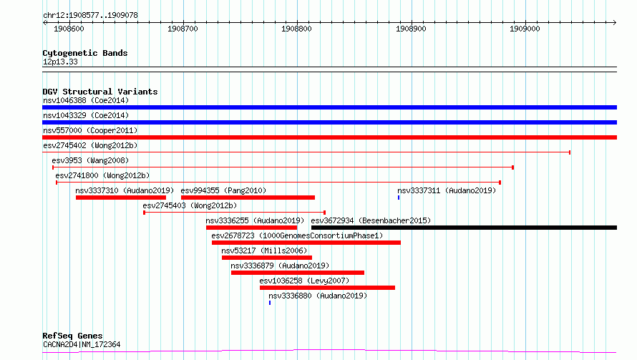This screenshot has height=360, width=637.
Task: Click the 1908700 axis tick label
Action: click(183, 29)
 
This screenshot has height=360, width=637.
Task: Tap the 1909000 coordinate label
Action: click(525, 29)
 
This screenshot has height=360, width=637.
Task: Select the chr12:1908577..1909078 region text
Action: click(90, 16)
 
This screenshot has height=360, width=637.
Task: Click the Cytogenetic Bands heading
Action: click(85, 53)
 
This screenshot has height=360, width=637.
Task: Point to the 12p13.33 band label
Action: click(60, 62)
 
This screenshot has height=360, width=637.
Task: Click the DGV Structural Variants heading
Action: click(100, 92)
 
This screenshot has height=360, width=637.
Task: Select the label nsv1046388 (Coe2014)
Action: click(86, 100)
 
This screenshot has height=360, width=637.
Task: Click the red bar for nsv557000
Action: click(329, 137)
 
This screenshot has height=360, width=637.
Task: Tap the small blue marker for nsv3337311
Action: click(399, 198)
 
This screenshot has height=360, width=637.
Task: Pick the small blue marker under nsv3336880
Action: click(270, 303)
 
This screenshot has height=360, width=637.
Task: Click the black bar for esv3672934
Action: click(464, 228)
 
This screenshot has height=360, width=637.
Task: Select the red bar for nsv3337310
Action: click(121, 198)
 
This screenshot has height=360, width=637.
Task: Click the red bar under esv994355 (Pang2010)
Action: click(248, 198)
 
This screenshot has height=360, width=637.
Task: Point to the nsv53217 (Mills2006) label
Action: click(264, 250)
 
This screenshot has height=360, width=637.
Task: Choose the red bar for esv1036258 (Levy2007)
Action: click(327, 288)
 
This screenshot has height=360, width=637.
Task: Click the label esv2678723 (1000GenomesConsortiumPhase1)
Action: click(297, 235)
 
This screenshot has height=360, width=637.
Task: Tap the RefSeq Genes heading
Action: click(72, 336)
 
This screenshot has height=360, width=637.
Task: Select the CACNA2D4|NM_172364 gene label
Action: click(82, 344)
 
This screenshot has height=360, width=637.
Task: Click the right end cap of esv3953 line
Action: click(513, 167)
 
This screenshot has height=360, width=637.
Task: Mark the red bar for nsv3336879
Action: click(298, 273)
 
